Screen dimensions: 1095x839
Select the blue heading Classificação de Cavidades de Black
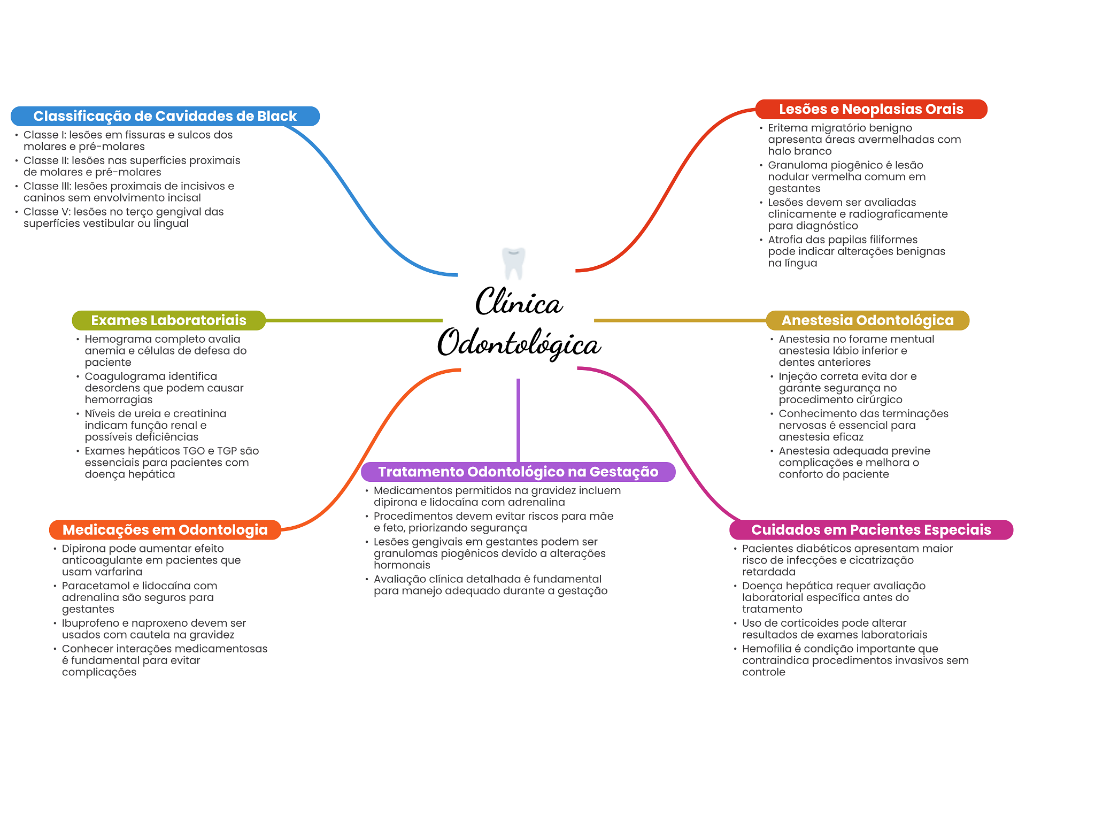point(165,116)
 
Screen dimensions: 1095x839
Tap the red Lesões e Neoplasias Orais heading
point(870,109)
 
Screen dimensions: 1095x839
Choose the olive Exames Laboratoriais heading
point(168,320)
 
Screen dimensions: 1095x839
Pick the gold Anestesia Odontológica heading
point(867,320)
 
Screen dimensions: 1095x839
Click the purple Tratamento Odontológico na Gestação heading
point(518,472)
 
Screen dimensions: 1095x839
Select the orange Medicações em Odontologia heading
point(165,530)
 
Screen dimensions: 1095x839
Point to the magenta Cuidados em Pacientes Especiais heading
point(870,530)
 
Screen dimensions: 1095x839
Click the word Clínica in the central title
point(519,302)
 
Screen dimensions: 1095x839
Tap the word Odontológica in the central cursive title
point(519,343)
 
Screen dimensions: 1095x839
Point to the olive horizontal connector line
point(353,320)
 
